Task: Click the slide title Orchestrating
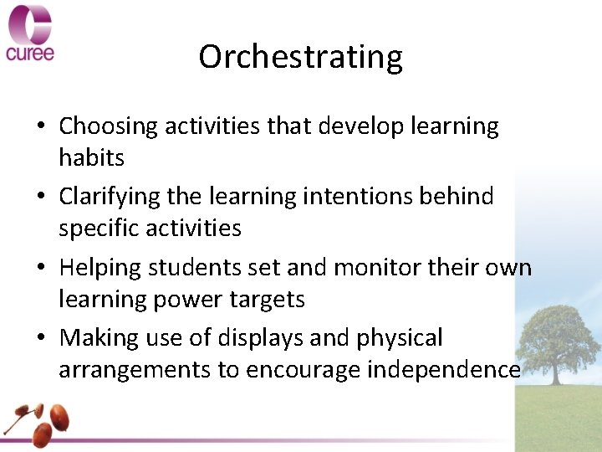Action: [301, 57]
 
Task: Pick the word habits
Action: [91, 157]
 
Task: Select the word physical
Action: [400, 338]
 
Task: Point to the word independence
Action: [443, 370]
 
